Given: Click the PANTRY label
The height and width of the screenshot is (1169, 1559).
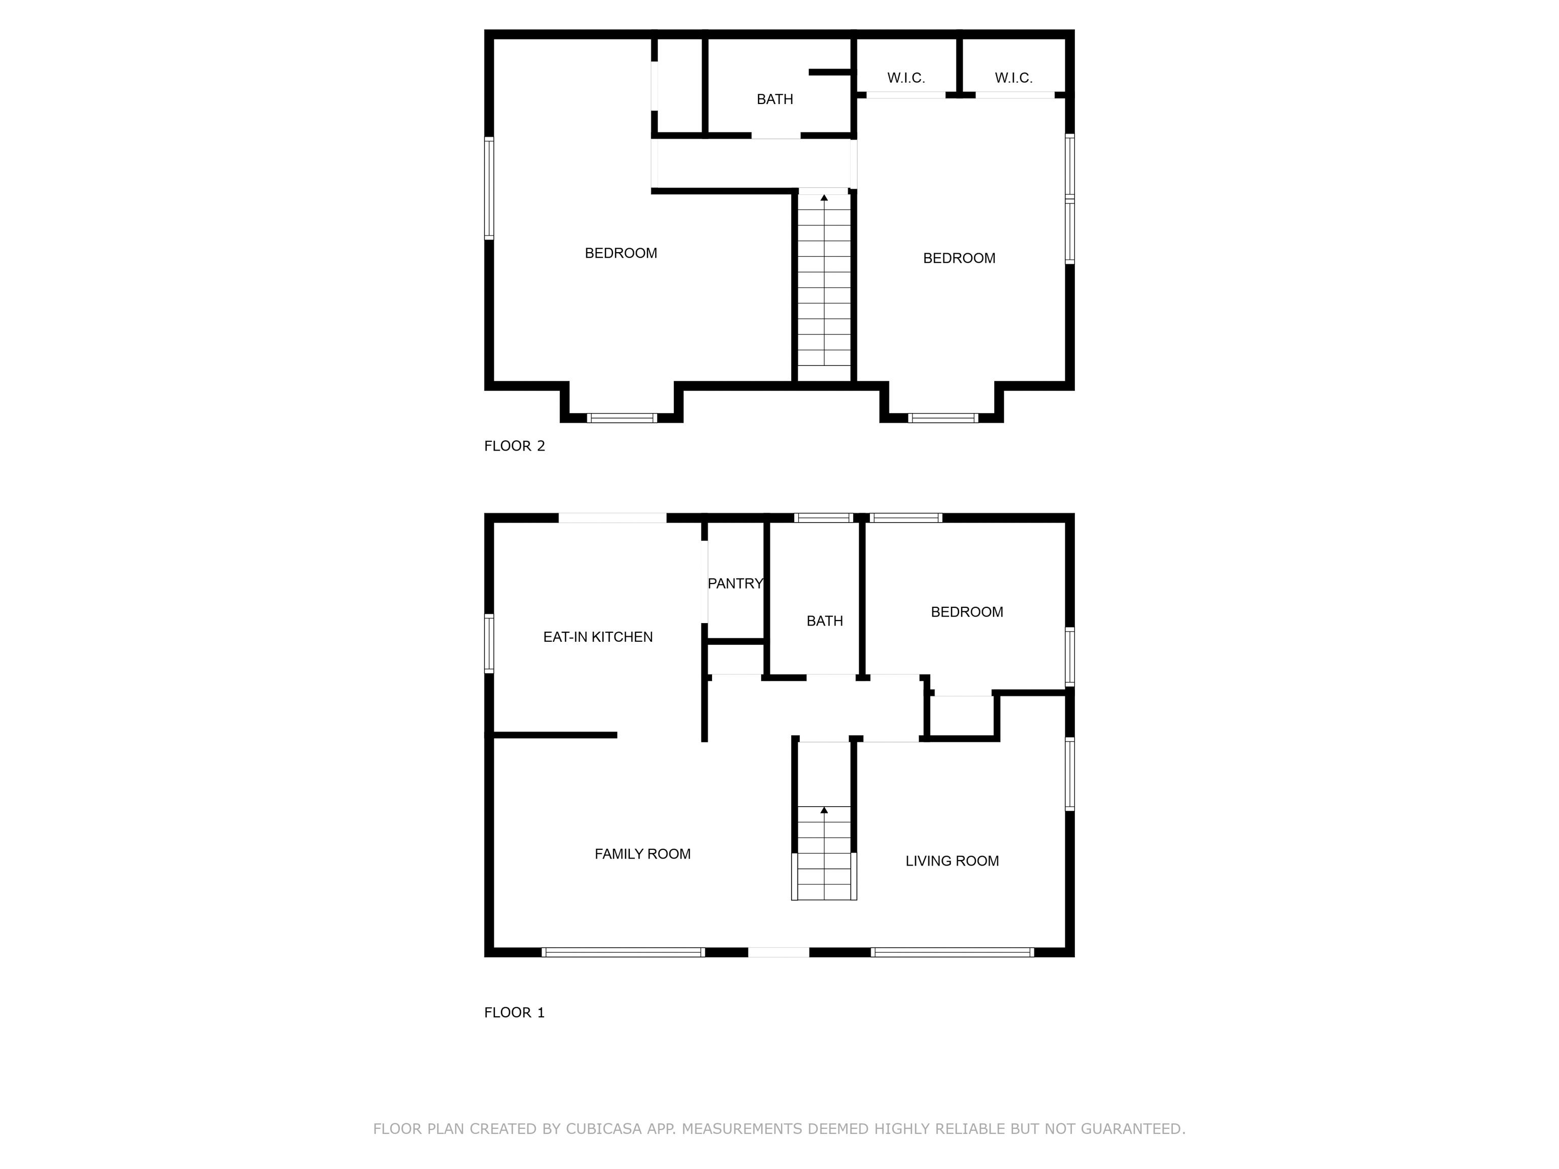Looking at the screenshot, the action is tap(735, 583).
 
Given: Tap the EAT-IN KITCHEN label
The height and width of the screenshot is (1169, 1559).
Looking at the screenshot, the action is tap(598, 637).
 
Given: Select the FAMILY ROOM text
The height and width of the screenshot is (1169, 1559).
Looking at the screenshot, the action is tap(642, 854).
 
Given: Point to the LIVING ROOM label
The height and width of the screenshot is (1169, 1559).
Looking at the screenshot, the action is tap(952, 861).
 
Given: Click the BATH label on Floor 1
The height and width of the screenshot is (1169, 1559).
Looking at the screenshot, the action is tap(825, 621).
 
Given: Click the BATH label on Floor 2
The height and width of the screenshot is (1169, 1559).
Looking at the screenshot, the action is tap(774, 99).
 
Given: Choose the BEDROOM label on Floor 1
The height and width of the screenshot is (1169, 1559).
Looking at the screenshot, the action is tap(967, 611).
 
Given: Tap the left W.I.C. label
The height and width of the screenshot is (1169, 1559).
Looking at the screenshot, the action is tap(906, 78).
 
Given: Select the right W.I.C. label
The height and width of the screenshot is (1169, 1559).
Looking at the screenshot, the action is tap(1013, 78).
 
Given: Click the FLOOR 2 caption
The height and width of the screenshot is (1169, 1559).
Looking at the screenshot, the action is tap(515, 446).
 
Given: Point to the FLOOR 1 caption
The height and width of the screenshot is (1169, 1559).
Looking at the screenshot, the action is tap(515, 1013).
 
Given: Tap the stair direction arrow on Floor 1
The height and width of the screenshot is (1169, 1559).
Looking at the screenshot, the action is tap(824, 852).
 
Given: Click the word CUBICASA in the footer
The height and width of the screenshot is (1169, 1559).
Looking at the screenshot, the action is tap(604, 1129).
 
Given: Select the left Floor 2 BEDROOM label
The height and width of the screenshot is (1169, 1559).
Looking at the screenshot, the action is tap(621, 253).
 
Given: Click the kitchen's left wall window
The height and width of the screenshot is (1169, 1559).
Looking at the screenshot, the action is tap(489, 643).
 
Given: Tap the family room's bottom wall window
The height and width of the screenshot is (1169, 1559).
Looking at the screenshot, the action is tap(623, 952).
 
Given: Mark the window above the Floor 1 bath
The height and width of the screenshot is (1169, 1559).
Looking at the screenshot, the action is tap(824, 518).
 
